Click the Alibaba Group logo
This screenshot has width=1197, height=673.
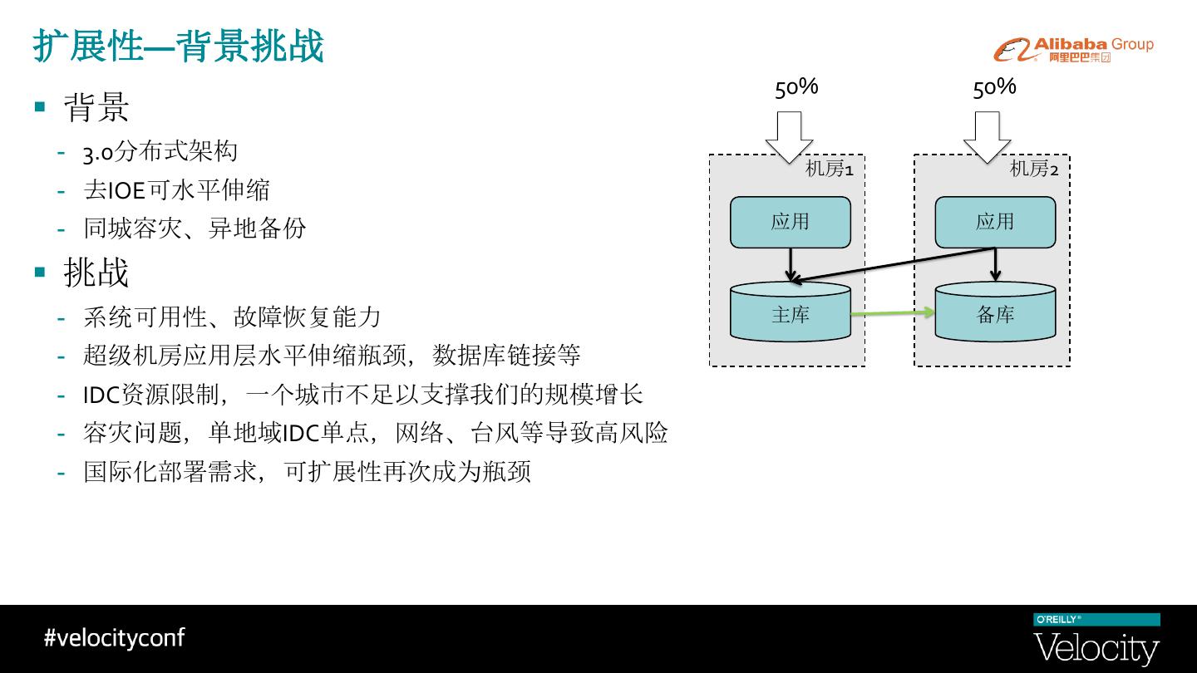tap(1073, 50)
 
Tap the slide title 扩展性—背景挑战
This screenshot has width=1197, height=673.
tap(178, 47)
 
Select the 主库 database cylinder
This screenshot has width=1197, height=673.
tap(790, 314)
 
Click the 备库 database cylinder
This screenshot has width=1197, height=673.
tap(995, 314)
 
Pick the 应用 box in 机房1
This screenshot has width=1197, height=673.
tap(790, 222)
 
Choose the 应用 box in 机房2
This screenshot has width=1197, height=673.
tap(995, 222)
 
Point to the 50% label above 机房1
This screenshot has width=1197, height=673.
tap(796, 87)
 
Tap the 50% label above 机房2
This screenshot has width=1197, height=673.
tap(994, 87)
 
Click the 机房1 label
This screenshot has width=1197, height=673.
tap(829, 169)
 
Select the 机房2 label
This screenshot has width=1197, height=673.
tap(1034, 169)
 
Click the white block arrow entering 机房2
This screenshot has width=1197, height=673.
tap(987, 137)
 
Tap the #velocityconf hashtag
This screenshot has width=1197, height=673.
tap(114, 637)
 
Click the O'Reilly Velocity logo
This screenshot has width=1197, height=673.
tap(1096, 640)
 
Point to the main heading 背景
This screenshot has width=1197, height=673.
tap(96, 107)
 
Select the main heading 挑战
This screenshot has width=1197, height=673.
tap(96, 273)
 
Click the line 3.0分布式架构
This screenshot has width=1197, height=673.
tap(160, 151)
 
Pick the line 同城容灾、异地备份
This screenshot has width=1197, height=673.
tap(195, 228)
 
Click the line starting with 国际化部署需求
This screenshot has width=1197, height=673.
tap(307, 472)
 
